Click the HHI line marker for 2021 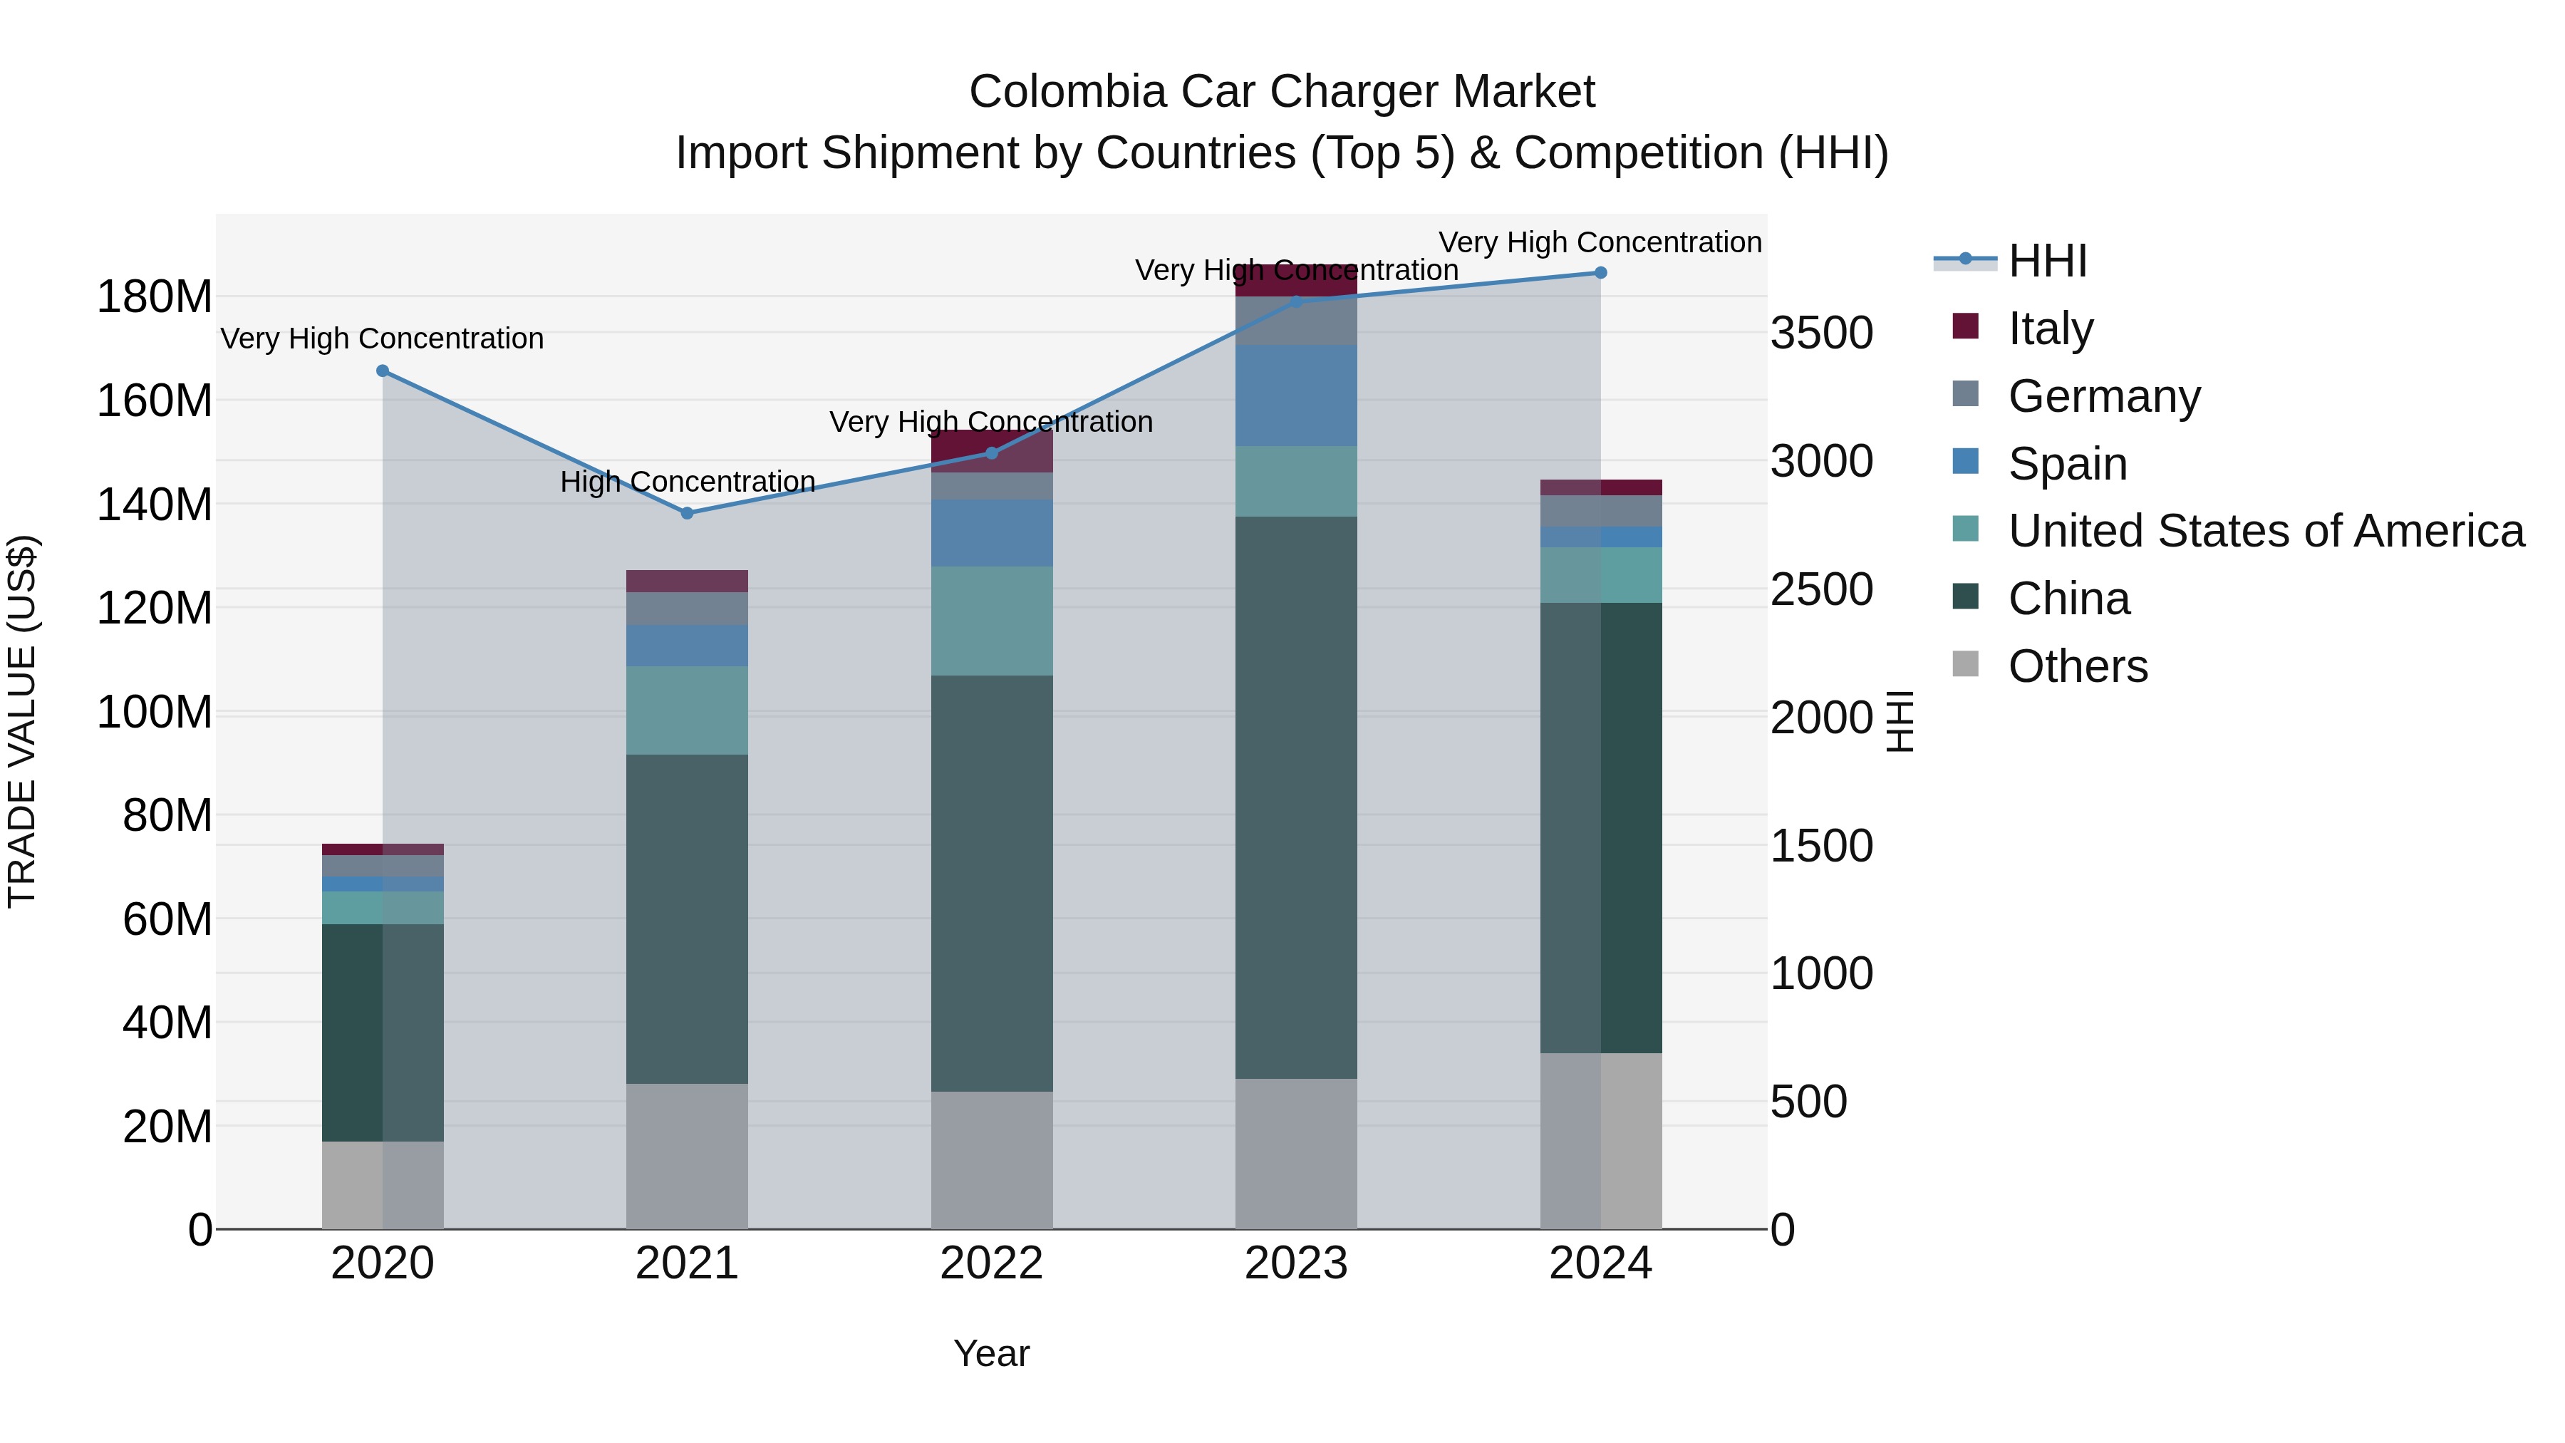[686, 513]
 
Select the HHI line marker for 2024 [1600, 273]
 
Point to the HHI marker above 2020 [383, 371]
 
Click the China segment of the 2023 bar [1295, 797]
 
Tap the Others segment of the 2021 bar [686, 1155]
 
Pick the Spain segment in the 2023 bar [1295, 395]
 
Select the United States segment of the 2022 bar [991, 621]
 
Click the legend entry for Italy [2049, 328]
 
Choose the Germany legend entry [2103, 395]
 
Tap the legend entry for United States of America [2265, 531]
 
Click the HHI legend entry [2046, 261]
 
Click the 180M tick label [155, 296]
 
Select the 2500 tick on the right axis [1821, 589]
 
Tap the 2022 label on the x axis [991, 1263]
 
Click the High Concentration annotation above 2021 [687, 482]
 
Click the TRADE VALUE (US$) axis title [22, 721]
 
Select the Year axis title [991, 1353]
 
